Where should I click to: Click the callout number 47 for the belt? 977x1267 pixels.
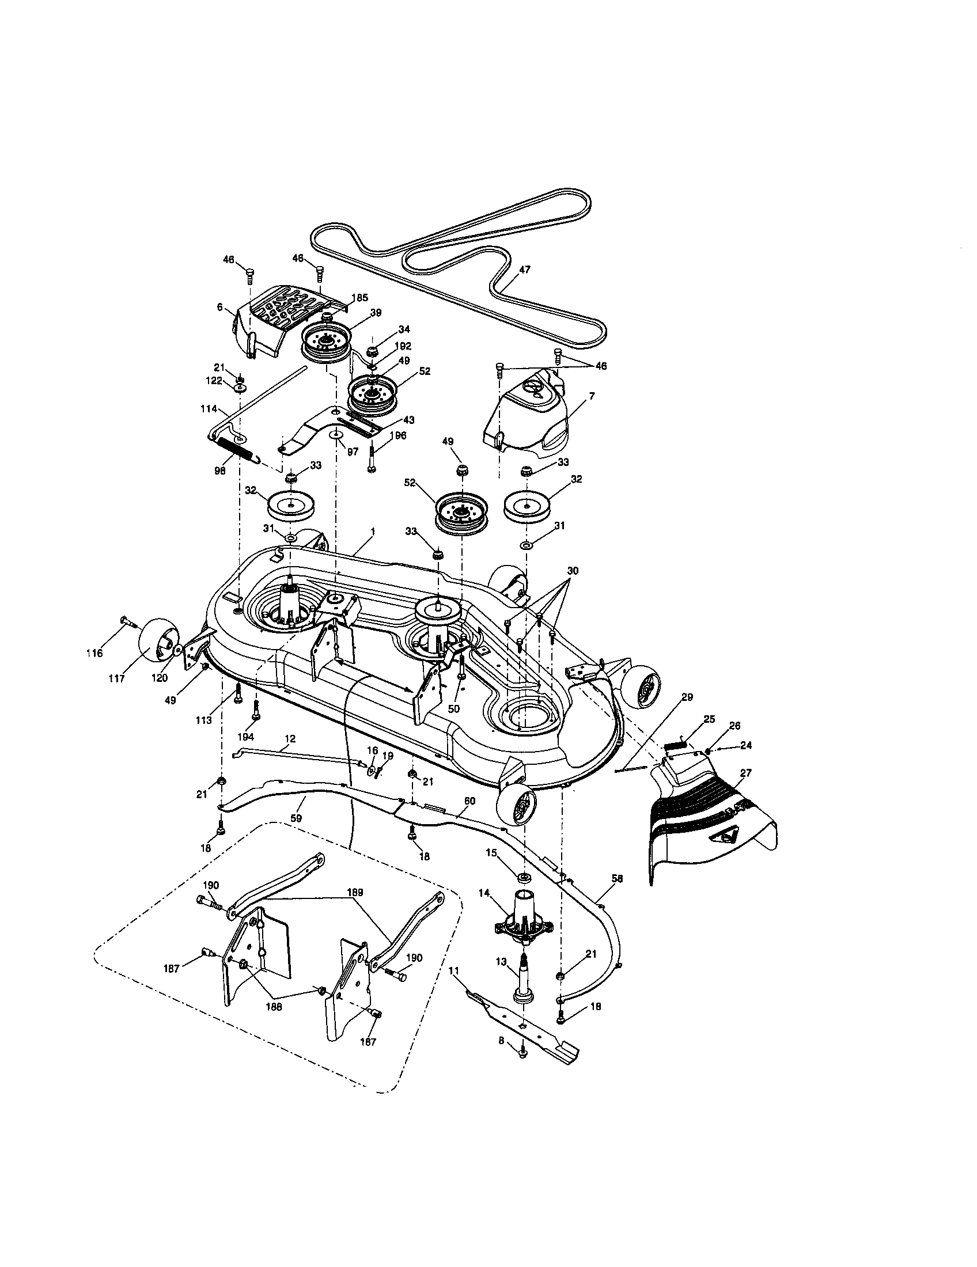[x=525, y=269]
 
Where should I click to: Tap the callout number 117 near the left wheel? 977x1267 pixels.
[x=116, y=678]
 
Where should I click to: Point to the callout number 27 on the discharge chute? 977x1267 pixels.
[x=745, y=773]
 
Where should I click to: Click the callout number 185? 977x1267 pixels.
[x=359, y=298]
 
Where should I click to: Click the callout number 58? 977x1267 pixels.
[x=617, y=879]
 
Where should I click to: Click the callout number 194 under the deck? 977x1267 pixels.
[x=246, y=736]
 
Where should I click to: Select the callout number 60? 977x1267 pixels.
[x=469, y=801]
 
